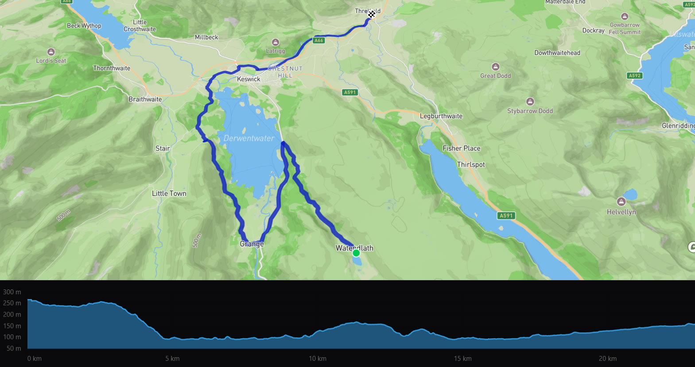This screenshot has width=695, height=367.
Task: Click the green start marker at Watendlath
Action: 356,253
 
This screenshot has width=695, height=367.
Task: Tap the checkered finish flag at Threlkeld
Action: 372,14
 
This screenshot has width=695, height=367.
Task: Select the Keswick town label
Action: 248,79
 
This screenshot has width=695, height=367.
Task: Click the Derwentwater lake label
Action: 248,138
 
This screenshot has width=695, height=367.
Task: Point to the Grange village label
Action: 252,244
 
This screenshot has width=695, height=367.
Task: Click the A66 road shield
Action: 318,40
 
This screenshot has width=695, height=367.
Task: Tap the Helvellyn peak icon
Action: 621,202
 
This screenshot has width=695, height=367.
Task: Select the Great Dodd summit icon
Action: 496,67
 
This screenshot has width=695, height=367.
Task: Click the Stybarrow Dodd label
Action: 530,111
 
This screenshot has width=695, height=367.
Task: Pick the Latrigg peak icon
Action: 276,42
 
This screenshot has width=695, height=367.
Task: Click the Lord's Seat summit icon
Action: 51,52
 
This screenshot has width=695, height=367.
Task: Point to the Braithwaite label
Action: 145,99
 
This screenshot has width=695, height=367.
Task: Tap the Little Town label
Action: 169,193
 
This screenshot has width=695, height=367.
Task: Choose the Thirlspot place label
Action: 471,164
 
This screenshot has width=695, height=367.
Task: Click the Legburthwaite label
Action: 441,116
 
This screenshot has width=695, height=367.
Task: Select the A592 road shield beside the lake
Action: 635,75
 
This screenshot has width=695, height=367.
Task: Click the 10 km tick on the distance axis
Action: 318,359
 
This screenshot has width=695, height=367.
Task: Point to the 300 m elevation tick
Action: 12,292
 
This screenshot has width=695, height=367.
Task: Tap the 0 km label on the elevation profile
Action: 34,359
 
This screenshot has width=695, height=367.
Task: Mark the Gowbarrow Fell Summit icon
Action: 625,16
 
